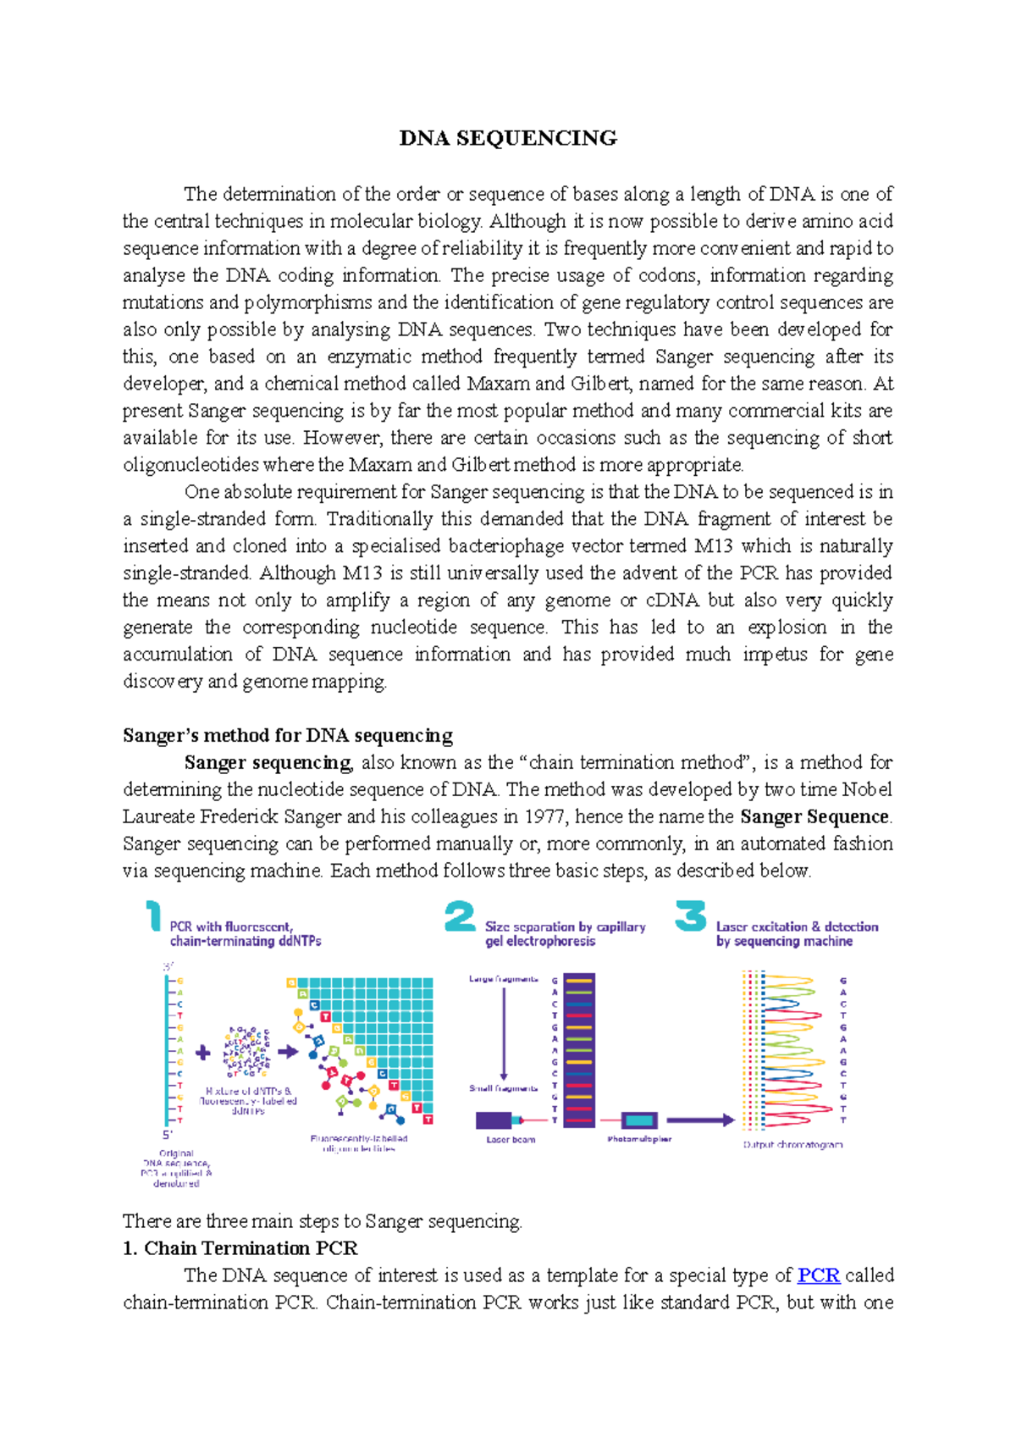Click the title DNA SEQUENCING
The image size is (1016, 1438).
pyautogui.click(x=508, y=138)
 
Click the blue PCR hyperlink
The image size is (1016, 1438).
pyautogui.click(x=818, y=1275)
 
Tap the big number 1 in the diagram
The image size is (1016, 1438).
pyautogui.click(x=153, y=916)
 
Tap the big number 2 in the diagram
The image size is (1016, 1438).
pyautogui.click(x=460, y=916)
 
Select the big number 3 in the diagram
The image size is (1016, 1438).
pyautogui.click(x=690, y=916)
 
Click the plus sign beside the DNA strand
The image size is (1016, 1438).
pyautogui.click(x=203, y=1053)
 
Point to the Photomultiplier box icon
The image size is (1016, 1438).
pyautogui.click(x=639, y=1120)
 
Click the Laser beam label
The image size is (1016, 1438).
pyautogui.click(x=511, y=1140)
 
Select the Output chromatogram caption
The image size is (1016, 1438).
pyautogui.click(x=792, y=1144)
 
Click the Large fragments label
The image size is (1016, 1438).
pyautogui.click(x=503, y=979)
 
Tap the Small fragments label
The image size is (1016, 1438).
pyautogui.click(x=503, y=1088)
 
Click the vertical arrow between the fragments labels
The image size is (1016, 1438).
pyautogui.click(x=504, y=1033)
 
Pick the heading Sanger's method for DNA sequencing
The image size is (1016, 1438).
pyautogui.click(x=288, y=735)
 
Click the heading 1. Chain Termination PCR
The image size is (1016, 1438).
pyautogui.click(x=240, y=1248)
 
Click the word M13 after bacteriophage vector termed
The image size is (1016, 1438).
pyautogui.click(x=714, y=545)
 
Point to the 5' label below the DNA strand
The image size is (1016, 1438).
pyautogui.click(x=167, y=1135)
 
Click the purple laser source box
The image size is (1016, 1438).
pyautogui.click(x=494, y=1120)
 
